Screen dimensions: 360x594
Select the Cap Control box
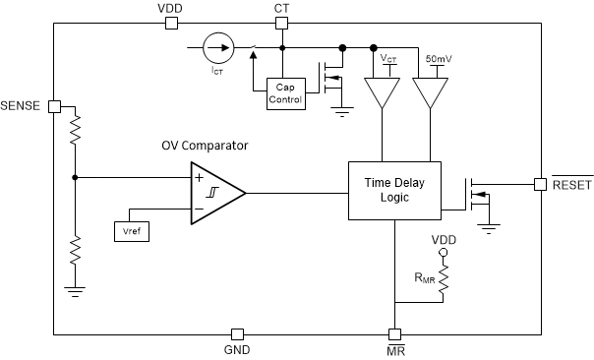coord(286,93)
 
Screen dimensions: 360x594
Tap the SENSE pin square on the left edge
coord(55,105)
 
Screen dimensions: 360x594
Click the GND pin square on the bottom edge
coord(236,333)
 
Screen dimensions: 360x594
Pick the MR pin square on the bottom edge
coord(393,333)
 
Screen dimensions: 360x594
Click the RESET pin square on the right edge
coord(540,183)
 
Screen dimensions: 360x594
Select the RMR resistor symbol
coord(443,284)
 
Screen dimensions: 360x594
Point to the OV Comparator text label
coord(205,146)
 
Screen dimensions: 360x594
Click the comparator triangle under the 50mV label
coord(430,93)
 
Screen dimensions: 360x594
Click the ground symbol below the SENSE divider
coord(75,290)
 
